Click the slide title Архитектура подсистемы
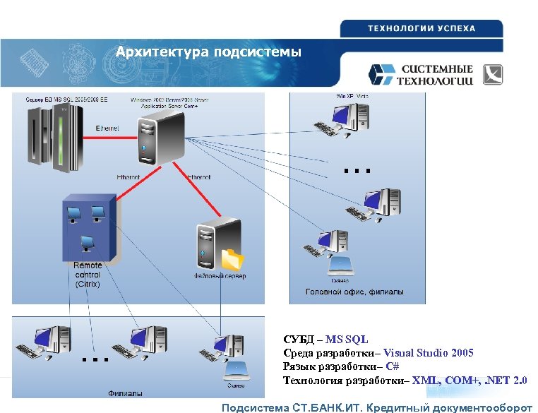208,52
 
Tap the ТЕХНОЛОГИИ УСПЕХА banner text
421,29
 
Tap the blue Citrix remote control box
88,226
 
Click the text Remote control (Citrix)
88,275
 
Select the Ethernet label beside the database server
107,128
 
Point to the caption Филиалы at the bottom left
124,393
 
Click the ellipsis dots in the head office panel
357,170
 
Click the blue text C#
393,367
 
